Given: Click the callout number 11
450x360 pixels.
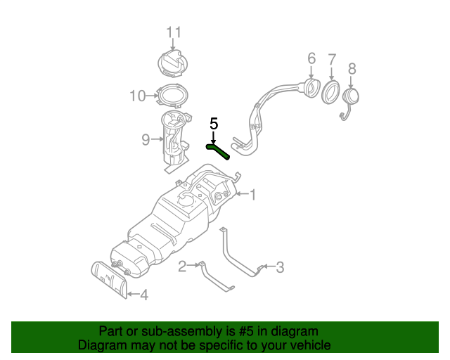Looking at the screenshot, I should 174,32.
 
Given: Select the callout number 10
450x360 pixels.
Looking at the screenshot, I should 137,96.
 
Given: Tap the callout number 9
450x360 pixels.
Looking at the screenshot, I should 146,140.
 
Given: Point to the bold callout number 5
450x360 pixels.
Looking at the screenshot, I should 214,123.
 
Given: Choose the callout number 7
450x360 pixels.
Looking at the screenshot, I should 332,59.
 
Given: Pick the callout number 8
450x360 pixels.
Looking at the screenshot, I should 352,68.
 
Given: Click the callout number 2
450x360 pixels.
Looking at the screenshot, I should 182,266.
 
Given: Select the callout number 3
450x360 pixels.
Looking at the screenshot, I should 280,266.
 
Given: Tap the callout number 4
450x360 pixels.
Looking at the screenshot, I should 143,295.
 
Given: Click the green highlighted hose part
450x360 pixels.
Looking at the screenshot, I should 219,150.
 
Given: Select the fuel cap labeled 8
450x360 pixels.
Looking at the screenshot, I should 351,97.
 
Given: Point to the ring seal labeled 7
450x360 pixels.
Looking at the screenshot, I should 330,92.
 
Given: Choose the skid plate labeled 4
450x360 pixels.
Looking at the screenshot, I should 109,279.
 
